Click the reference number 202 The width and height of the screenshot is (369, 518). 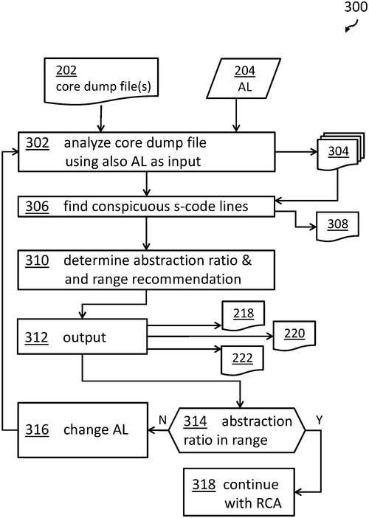tap(66, 70)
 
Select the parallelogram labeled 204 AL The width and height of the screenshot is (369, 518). tap(244, 79)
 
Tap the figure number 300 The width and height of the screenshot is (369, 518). tap(356, 7)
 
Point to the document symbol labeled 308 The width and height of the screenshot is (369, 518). tap(337, 226)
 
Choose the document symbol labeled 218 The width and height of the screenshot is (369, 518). tap(244, 315)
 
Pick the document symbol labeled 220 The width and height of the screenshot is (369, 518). tap(294, 335)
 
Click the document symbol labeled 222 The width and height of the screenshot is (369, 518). tap(242, 360)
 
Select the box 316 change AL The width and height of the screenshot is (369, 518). tap(83, 430)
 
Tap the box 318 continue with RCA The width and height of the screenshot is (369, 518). tap(239, 493)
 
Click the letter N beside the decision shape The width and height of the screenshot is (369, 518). tap(162, 420)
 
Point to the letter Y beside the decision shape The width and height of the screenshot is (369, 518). tap(319, 420)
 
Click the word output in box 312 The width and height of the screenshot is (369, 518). tap(85, 337)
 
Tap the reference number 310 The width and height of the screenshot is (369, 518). tap(37, 260)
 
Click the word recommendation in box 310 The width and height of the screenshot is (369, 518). tap(187, 279)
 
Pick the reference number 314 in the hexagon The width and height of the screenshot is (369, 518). tap(196, 421)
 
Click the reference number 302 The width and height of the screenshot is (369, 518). tap(38, 142)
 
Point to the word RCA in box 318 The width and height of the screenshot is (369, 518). tap(268, 503)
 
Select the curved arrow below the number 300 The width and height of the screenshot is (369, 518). tap(352, 26)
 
